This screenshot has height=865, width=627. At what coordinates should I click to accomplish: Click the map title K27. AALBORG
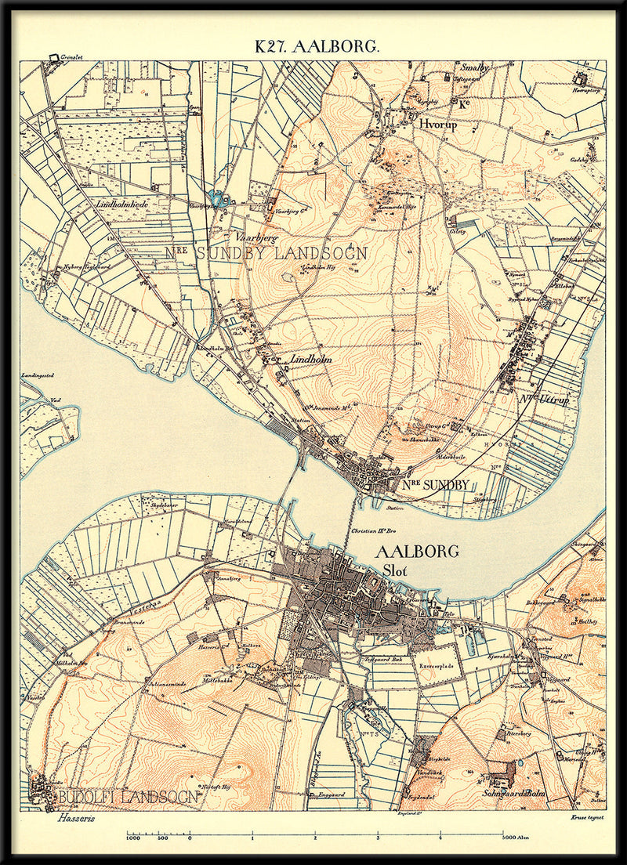point(317,46)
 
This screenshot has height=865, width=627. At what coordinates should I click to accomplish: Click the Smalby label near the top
point(474,68)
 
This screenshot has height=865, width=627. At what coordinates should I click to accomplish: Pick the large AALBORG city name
point(416,552)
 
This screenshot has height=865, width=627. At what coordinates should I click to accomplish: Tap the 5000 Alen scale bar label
point(514,838)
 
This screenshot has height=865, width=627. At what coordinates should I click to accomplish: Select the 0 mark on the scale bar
point(190,838)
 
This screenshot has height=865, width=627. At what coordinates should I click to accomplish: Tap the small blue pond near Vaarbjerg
point(217,199)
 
